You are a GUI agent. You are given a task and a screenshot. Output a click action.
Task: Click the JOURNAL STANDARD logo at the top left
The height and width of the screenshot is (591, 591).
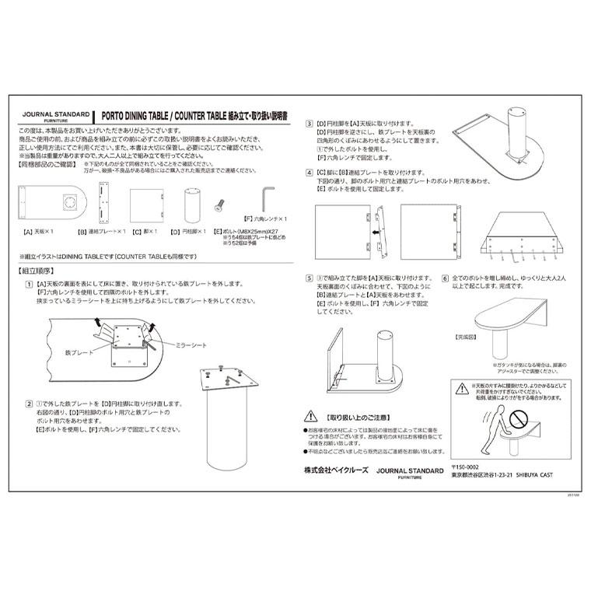pos(56,114)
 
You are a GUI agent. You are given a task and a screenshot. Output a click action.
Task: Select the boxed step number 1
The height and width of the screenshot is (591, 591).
pos(29,285)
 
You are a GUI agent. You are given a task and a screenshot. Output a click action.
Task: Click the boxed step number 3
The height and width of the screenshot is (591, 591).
pos(309,124)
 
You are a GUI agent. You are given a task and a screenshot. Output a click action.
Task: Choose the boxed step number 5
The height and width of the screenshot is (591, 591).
pos(309,278)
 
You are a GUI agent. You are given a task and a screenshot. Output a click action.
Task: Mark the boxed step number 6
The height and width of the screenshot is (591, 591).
pos(445,278)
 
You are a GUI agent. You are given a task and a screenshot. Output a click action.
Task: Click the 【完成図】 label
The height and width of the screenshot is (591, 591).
pos(465,338)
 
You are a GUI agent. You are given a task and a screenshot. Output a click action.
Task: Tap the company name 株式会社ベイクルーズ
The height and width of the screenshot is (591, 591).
pos(335,471)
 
